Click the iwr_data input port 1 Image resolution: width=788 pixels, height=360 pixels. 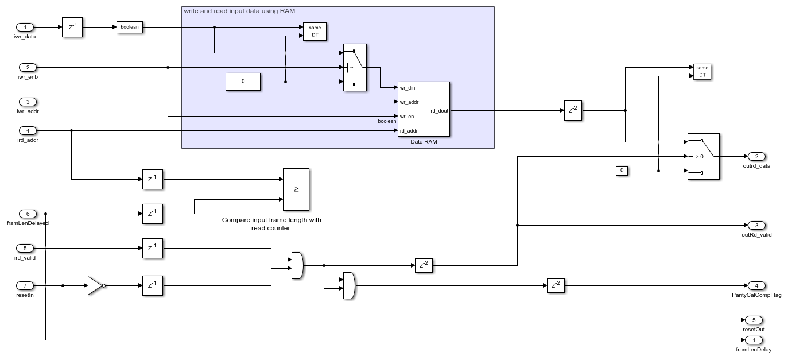[25, 27]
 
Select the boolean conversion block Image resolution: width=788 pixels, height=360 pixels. [129, 27]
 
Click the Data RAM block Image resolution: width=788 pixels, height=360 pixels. [423, 109]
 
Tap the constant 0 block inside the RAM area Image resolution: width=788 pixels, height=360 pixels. [243, 82]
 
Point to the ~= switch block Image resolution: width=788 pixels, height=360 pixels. [355, 67]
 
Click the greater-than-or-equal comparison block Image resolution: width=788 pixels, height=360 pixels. [296, 189]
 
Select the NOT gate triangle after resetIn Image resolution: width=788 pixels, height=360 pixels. [95, 285]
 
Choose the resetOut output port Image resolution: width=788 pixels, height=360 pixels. [753, 320]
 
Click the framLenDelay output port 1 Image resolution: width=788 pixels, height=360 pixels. [754, 340]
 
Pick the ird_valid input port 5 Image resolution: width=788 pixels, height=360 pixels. [25, 248]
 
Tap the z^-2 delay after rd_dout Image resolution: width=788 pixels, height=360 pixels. [573, 110]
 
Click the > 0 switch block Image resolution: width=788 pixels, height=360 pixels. [703, 156]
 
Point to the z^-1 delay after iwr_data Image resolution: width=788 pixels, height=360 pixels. [73, 27]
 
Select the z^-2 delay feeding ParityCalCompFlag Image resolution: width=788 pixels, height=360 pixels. [556, 285]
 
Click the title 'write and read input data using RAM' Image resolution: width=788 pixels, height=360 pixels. [239, 11]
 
